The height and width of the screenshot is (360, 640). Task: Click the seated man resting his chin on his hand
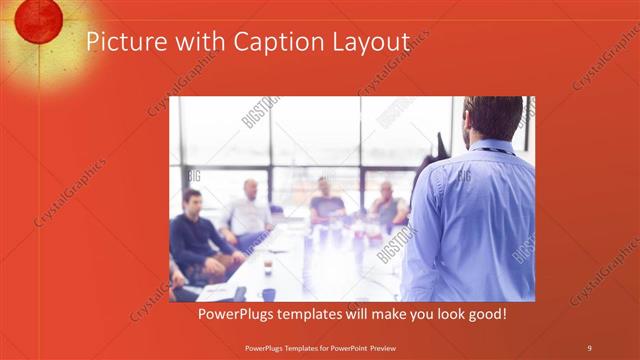(388, 205)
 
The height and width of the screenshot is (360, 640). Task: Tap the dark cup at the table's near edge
(268, 294)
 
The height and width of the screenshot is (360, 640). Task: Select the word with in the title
(200, 42)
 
